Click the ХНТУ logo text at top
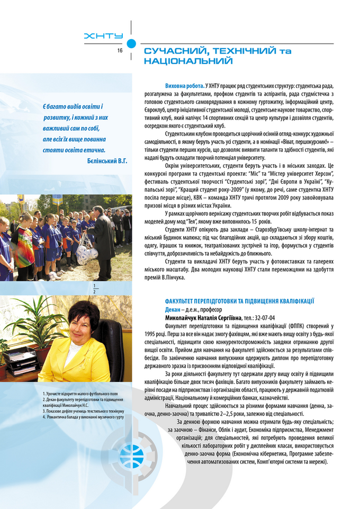tap(104, 36)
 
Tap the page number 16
tap(120, 50)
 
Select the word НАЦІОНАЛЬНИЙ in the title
tap(188, 61)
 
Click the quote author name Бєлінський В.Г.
tap(106, 160)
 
